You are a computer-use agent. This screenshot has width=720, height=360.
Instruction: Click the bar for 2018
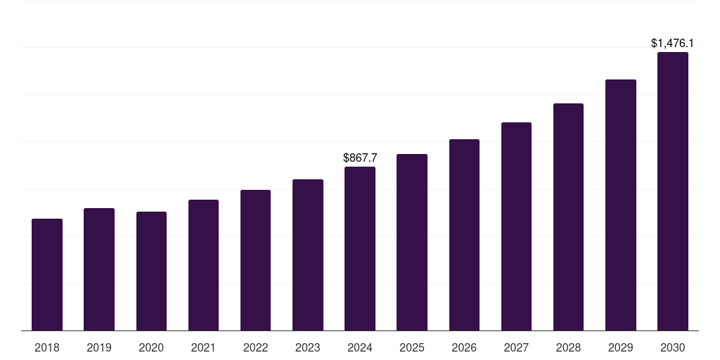[47, 275]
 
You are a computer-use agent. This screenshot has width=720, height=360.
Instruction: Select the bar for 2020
[151, 271]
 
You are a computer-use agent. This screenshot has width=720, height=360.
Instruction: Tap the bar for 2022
[255, 260]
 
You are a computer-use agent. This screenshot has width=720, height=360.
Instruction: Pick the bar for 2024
[360, 249]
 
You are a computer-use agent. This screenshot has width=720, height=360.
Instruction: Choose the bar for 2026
[464, 235]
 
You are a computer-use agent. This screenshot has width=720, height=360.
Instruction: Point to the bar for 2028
[568, 217]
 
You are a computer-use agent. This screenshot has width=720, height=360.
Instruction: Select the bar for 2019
[99, 269]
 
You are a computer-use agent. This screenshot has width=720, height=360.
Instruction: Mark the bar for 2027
[516, 226]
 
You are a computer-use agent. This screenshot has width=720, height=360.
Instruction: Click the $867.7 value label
[360, 158]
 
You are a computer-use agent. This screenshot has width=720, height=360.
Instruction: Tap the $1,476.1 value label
[673, 44]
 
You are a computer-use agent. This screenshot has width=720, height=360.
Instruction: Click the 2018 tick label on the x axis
[47, 347]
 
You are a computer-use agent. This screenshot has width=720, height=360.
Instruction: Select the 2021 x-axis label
[203, 347]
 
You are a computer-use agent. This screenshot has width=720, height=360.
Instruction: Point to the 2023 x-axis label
[307, 347]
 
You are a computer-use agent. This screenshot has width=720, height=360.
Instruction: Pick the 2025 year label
[412, 347]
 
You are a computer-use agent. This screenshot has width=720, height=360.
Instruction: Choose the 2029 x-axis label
[620, 347]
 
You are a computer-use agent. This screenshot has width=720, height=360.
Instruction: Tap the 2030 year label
[673, 347]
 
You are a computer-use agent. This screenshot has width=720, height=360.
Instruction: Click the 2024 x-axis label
[360, 347]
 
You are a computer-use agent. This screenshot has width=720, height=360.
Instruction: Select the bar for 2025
[412, 243]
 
